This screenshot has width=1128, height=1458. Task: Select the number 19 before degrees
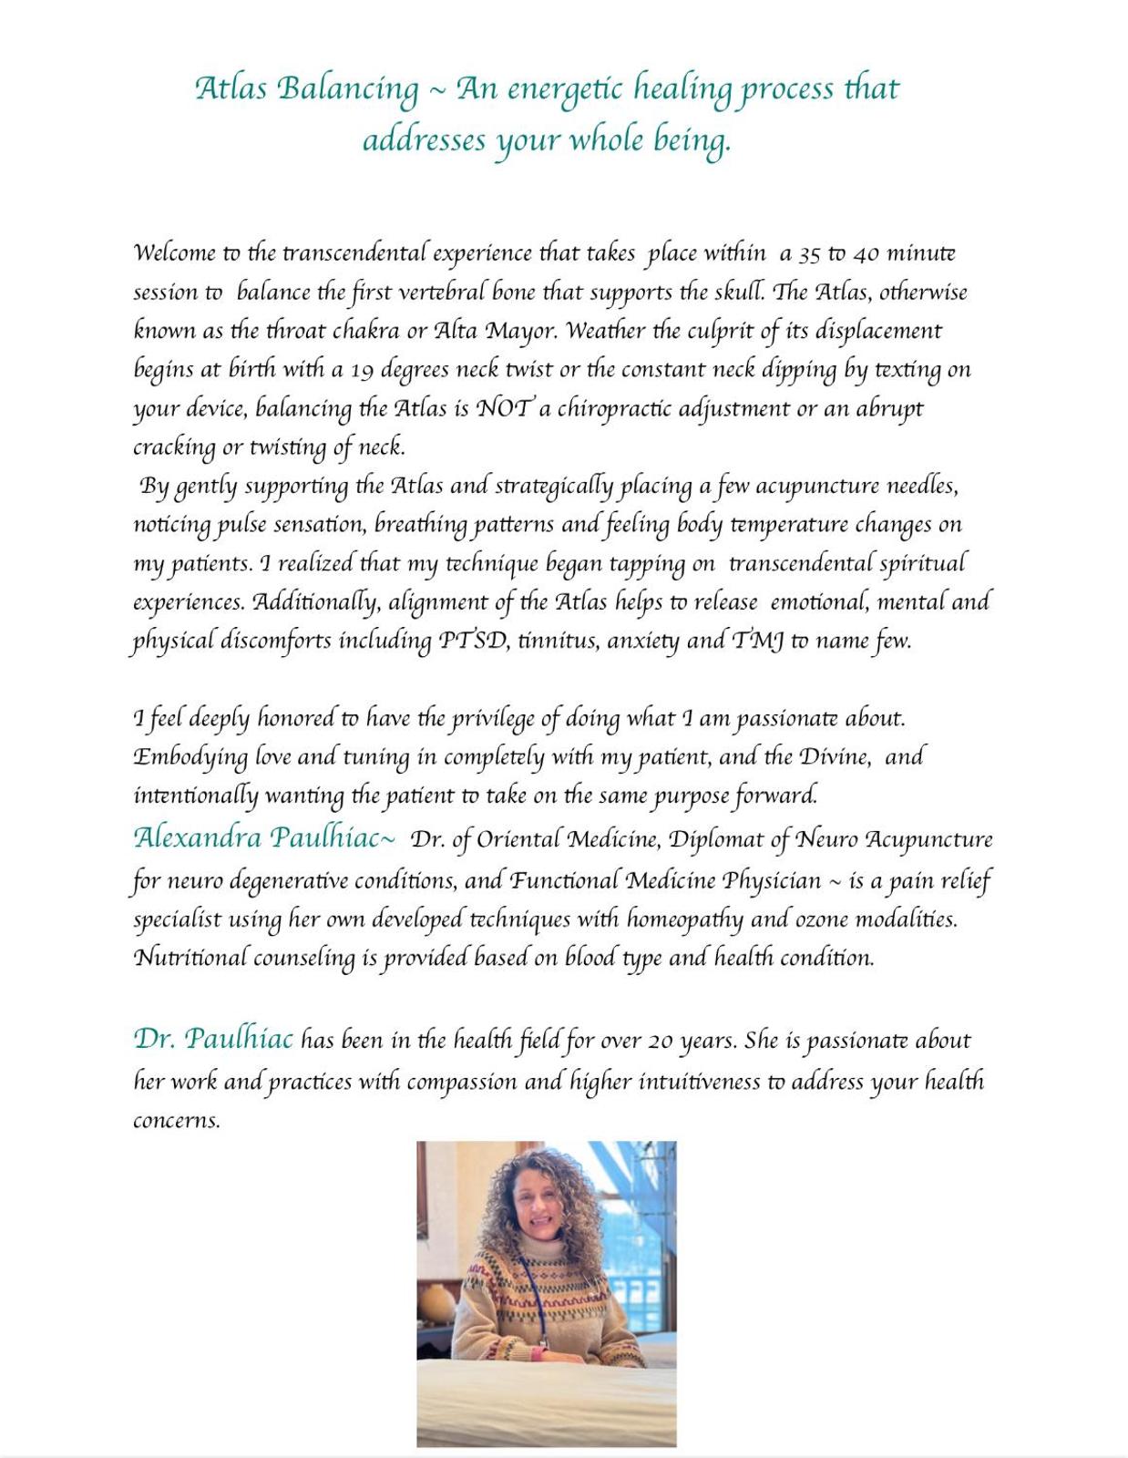(x=362, y=370)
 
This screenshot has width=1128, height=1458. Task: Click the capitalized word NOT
(x=504, y=408)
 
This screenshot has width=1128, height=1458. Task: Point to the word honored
(x=295, y=718)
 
